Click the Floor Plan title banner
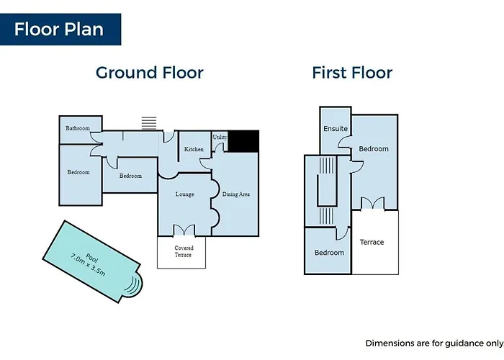click(x=60, y=30)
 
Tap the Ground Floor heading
click(x=150, y=73)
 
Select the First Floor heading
click(x=352, y=73)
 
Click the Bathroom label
click(x=78, y=128)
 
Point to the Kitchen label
click(x=194, y=149)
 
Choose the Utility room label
click(x=220, y=138)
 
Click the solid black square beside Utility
click(x=243, y=141)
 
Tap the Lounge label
click(x=185, y=194)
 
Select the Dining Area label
click(x=236, y=194)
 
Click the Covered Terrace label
click(x=184, y=251)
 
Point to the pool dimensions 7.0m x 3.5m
click(x=88, y=265)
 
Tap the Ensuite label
click(x=336, y=129)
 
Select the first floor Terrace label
click(x=372, y=242)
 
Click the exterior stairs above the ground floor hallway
click(x=149, y=123)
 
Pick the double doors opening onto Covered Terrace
click(x=184, y=230)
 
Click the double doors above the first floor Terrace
click(x=372, y=204)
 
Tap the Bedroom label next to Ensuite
click(x=374, y=149)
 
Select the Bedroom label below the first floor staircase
click(x=329, y=253)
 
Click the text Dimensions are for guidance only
click(x=435, y=343)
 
